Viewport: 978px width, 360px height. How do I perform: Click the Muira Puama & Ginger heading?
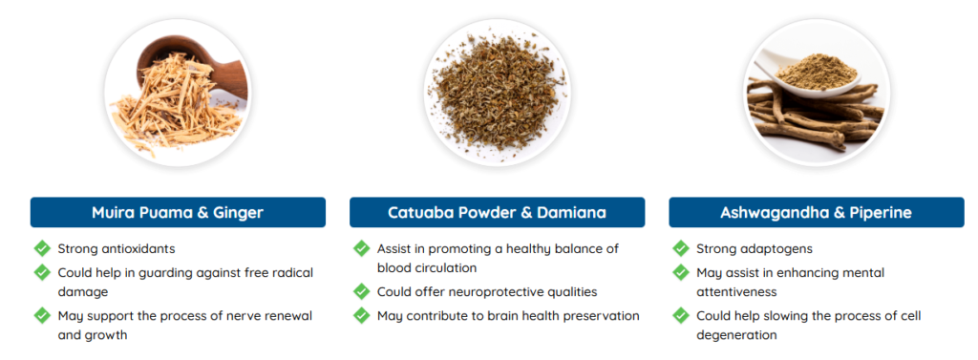[x=178, y=212]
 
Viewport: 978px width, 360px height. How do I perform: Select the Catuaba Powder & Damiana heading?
[x=497, y=212]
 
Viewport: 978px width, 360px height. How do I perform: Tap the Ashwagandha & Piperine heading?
[x=817, y=212]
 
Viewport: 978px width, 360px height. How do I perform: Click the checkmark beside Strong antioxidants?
[x=42, y=248]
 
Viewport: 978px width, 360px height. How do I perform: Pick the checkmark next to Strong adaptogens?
[x=681, y=248]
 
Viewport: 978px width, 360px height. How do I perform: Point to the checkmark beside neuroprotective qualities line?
[x=362, y=291]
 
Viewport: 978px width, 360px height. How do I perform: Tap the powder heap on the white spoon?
[x=817, y=71]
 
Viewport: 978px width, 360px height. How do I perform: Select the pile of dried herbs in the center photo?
[x=497, y=94]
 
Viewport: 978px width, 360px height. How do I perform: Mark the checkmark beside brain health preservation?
[x=362, y=315]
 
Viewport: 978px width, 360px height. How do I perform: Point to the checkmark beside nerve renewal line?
[x=42, y=315]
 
